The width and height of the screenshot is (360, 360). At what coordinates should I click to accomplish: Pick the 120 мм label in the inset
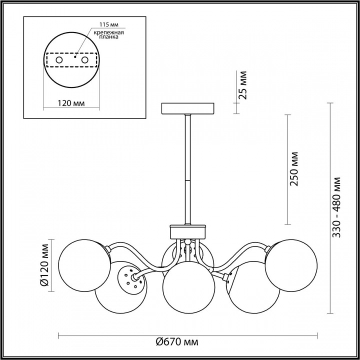pyautogui.click(x=70, y=103)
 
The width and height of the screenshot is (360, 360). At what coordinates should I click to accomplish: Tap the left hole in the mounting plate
pyautogui.click(x=59, y=60)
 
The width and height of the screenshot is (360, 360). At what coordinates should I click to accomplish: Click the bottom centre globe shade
pyautogui.click(x=188, y=287)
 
